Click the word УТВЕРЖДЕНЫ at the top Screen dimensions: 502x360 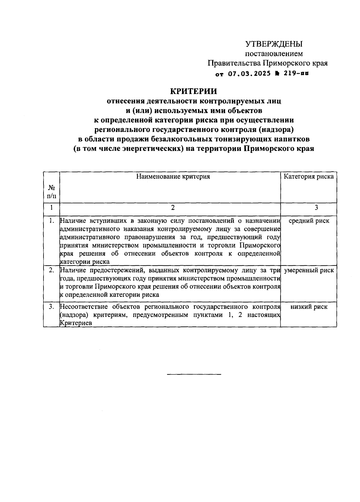(274, 44)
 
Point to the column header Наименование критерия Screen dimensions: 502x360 (173, 176)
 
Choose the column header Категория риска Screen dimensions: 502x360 (309, 176)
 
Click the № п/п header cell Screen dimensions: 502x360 (52, 192)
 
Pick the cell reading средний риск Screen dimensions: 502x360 (309, 221)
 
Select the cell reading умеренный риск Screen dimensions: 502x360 (309, 270)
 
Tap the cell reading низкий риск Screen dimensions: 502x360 (309, 307)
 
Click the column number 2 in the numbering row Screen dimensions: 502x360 (173, 208)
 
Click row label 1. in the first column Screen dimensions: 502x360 (52, 221)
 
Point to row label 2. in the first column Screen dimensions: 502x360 (52, 270)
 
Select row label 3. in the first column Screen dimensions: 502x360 (52, 307)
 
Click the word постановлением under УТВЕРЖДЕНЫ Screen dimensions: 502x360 (274, 54)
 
